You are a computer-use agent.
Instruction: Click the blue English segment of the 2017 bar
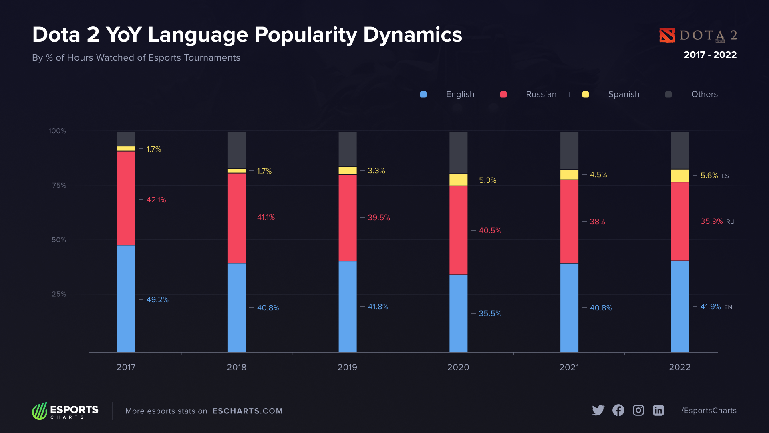pyautogui.click(x=126, y=299)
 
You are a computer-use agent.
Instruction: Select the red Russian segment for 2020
pyautogui.click(x=458, y=230)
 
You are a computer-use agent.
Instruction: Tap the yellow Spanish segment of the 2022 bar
pyautogui.click(x=680, y=176)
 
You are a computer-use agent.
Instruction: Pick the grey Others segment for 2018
pyautogui.click(x=237, y=150)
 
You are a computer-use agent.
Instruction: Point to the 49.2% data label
pyautogui.click(x=157, y=300)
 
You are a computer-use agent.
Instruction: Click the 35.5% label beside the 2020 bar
pyautogui.click(x=490, y=314)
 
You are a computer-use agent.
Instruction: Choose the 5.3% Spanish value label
pyautogui.click(x=487, y=180)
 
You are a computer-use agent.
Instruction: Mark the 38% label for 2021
pyautogui.click(x=597, y=222)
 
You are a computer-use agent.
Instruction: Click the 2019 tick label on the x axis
pyautogui.click(x=347, y=367)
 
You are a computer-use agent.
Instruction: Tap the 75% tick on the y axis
pyautogui.click(x=59, y=185)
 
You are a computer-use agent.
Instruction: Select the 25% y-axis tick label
pyautogui.click(x=59, y=294)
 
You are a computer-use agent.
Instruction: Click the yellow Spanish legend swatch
pyautogui.click(x=585, y=95)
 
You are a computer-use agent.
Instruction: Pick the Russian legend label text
pyautogui.click(x=541, y=94)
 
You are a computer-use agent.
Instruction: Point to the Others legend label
pyautogui.click(x=704, y=94)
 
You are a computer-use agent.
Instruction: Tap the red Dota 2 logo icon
pyautogui.click(x=667, y=35)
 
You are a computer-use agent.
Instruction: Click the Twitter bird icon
pyautogui.click(x=598, y=410)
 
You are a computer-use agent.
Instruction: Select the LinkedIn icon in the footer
pyautogui.click(x=658, y=410)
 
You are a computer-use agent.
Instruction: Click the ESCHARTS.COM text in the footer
pyautogui.click(x=248, y=411)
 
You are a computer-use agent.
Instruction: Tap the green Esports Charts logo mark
pyautogui.click(x=40, y=411)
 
